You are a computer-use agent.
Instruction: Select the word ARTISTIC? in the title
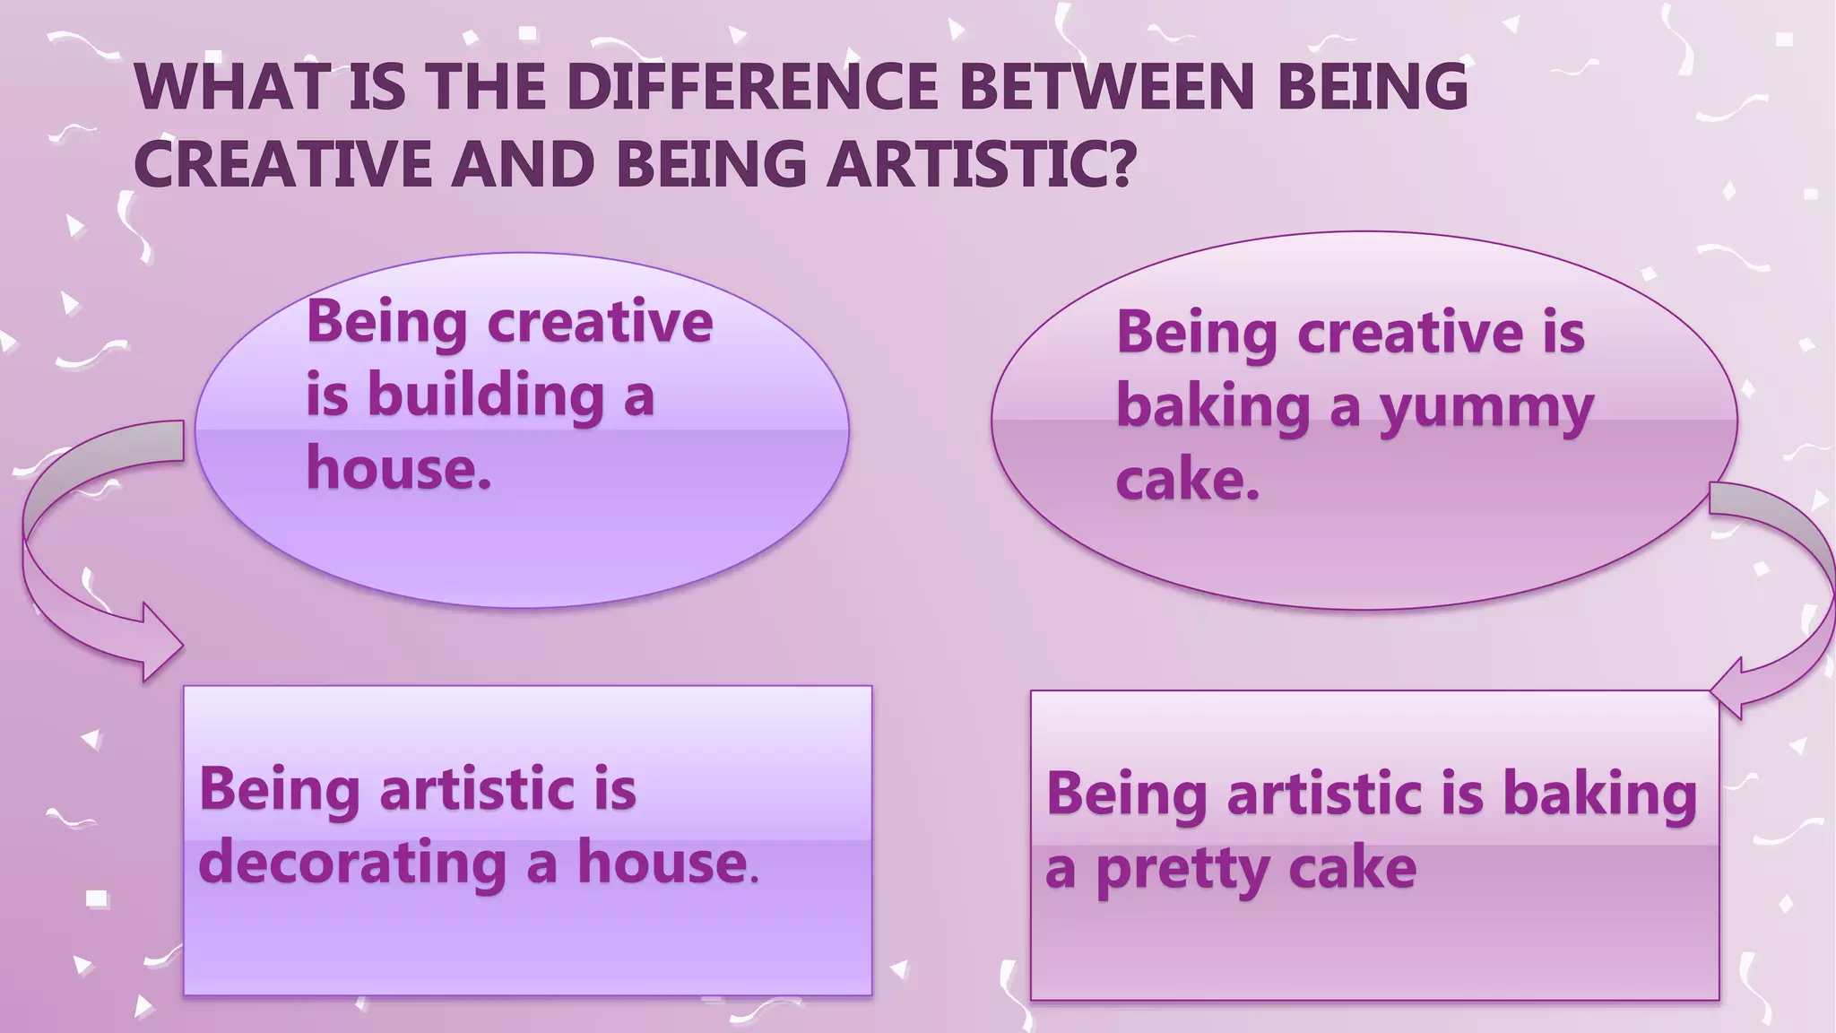click(981, 164)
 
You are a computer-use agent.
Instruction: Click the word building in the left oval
click(486, 396)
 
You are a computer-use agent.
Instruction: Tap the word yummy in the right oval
click(1486, 408)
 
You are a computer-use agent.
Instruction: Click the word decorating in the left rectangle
click(352, 864)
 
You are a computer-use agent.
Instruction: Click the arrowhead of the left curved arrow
click(161, 643)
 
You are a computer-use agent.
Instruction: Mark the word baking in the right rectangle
click(1599, 795)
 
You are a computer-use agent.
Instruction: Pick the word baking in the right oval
click(1214, 408)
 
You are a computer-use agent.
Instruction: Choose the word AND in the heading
click(523, 164)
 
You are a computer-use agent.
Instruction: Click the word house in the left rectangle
click(662, 862)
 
